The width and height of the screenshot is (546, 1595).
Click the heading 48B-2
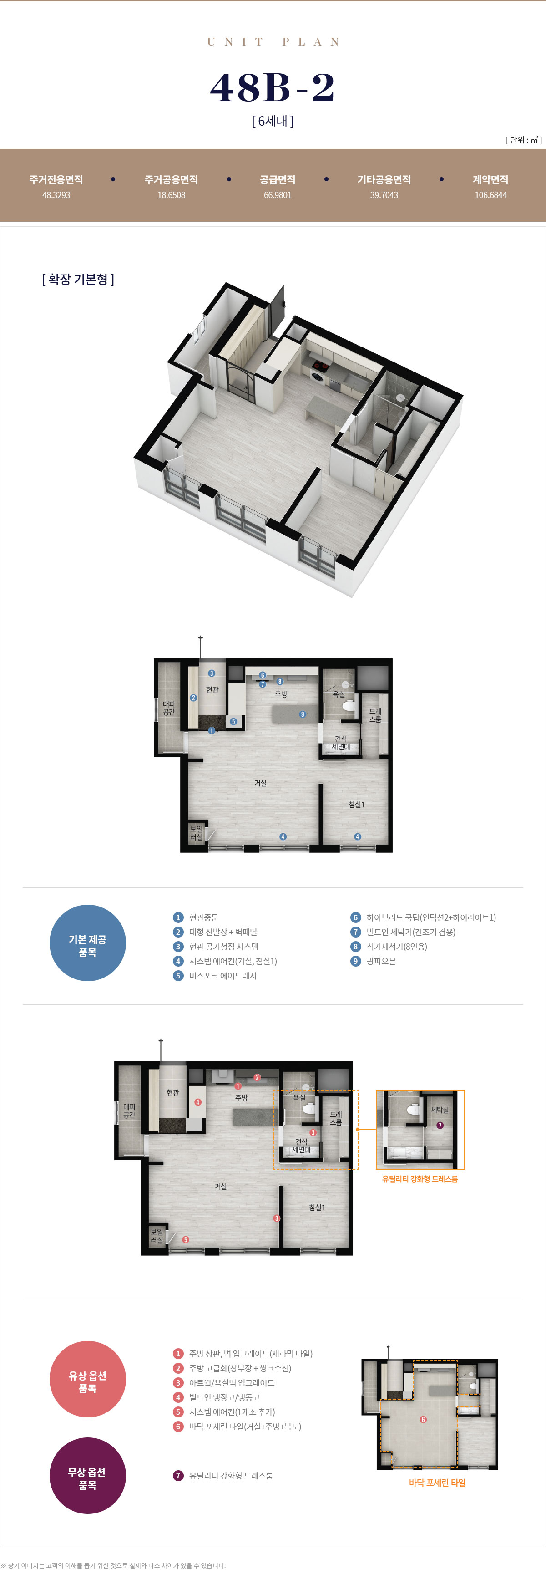point(273,87)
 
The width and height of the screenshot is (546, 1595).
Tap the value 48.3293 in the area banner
point(56,195)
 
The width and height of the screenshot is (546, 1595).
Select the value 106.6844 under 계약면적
point(490,195)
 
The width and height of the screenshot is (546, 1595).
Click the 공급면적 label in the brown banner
point(278,179)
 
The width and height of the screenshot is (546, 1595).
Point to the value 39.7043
point(384,195)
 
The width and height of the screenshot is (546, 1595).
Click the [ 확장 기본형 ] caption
point(78,279)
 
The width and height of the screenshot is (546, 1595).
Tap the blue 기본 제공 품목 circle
point(87,943)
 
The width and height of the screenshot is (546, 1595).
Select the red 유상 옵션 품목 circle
point(87,1379)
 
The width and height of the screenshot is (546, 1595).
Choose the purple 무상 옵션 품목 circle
point(87,1476)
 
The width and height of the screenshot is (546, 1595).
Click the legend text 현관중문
point(204,917)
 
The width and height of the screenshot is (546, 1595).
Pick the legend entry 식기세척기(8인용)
point(396,947)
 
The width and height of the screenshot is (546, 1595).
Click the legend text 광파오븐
point(381,961)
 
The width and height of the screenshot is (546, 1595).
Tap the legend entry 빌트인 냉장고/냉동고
point(224,1397)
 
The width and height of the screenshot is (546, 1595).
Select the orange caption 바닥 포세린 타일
point(437,1483)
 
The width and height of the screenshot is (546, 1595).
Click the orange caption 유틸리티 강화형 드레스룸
point(420,1179)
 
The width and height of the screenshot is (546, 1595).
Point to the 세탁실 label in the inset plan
point(440,1110)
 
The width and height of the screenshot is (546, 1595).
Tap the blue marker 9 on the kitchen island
point(302,714)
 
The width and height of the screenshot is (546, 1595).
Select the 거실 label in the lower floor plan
point(220,1186)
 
